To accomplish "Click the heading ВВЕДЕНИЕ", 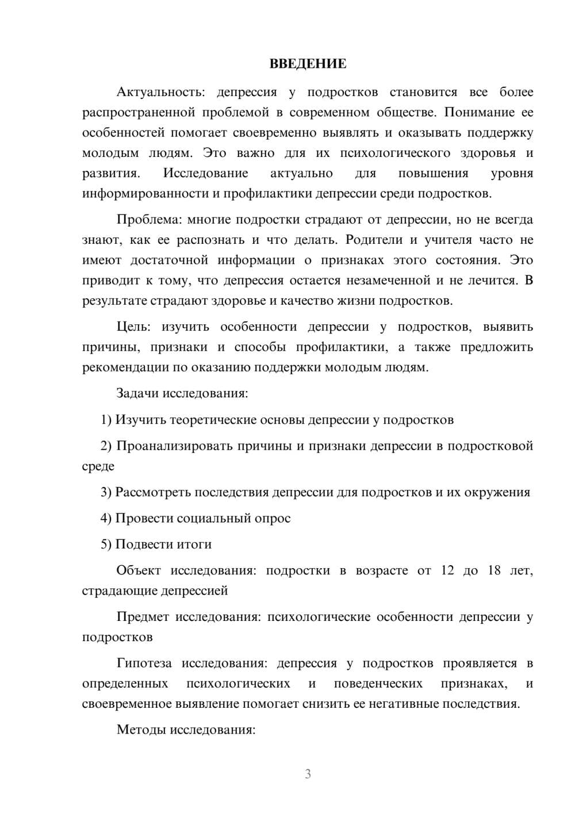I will [308, 64].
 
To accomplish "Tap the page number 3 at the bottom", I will [308, 774].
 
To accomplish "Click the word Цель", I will [133, 327].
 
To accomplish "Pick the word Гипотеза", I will [144, 664].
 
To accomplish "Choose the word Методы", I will [139, 730].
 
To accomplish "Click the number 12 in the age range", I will [447, 571].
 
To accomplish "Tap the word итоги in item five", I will [193, 544].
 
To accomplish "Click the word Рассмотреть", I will [153, 493].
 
